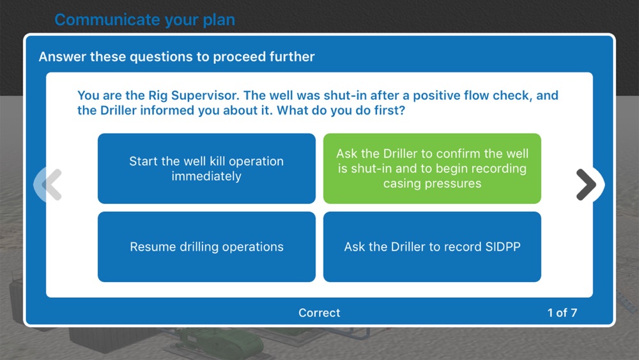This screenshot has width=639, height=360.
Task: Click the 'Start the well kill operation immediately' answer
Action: [x=206, y=168]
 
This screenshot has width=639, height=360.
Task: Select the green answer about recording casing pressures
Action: [x=432, y=168]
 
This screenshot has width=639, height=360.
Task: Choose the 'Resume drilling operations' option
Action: [x=206, y=247]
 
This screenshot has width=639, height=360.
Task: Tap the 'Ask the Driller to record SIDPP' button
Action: [x=432, y=247]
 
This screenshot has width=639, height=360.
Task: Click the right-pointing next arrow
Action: [x=587, y=185]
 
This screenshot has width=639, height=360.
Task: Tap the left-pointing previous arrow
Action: [x=52, y=185]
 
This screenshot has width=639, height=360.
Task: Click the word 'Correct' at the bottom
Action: [x=319, y=313]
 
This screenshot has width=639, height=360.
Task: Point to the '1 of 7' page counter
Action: [x=562, y=313]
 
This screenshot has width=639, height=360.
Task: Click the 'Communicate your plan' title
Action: [x=144, y=20]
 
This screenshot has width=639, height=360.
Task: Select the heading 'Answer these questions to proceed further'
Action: [x=176, y=57]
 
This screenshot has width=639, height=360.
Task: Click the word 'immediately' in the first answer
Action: [x=206, y=176]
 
